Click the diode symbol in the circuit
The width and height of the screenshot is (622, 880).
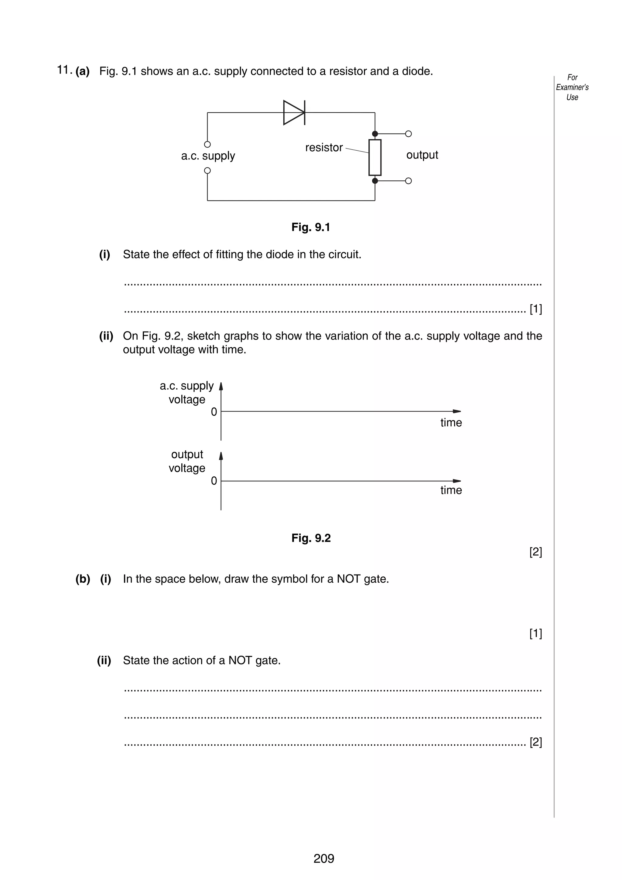pos(294,112)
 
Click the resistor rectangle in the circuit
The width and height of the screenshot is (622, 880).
pos(375,157)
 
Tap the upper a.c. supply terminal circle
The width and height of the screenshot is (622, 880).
pos(207,145)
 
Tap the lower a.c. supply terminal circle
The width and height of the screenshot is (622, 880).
pos(207,171)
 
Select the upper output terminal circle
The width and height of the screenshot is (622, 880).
pos(408,134)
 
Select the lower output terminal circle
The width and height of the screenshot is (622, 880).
pos(408,181)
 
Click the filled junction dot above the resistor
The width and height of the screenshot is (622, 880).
pos(375,134)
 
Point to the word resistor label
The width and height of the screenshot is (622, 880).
pos(324,148)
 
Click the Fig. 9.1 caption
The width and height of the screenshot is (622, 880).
pos(310,227)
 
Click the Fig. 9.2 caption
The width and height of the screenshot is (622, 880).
pos(311,538)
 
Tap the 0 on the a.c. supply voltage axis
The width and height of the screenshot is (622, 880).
pos(214,412)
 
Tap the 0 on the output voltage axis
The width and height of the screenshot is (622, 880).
pos(214,481)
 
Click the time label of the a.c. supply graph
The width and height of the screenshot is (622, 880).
pos(451,423)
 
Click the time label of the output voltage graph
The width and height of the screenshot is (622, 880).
pos(451,490)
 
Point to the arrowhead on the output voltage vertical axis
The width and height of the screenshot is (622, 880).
pos(221,456)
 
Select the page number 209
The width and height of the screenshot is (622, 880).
pos(323,858)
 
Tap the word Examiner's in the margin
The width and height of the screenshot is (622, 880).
pos(572,87)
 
